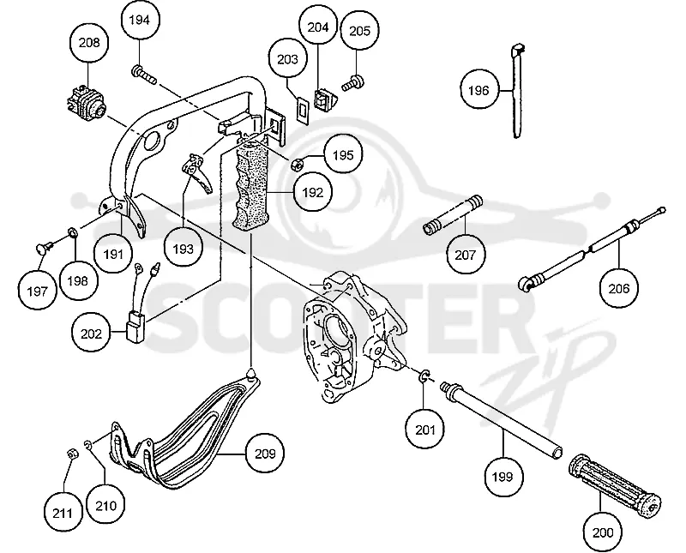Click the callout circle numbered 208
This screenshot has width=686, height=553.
coord(89,42)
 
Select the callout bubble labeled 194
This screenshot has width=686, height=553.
coord(139,20)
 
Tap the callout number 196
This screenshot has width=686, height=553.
coord(478,90)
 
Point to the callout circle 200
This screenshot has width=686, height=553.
coord(603,532)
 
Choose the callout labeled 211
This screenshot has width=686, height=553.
coord(62,513)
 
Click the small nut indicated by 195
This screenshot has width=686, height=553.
coord(297,165)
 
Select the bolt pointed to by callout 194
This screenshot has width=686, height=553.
coord(143,75)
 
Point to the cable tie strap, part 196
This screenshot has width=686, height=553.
coord(518,91)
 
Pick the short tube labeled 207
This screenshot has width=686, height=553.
coord(453,215)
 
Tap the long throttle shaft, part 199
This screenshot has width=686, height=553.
coord(502,420)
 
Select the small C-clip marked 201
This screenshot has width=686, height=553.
coord(424,376)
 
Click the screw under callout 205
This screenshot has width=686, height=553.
coord(352,83)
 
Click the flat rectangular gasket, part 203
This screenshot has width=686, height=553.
coord(302,108)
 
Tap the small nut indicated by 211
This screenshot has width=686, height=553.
coord(73,454)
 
